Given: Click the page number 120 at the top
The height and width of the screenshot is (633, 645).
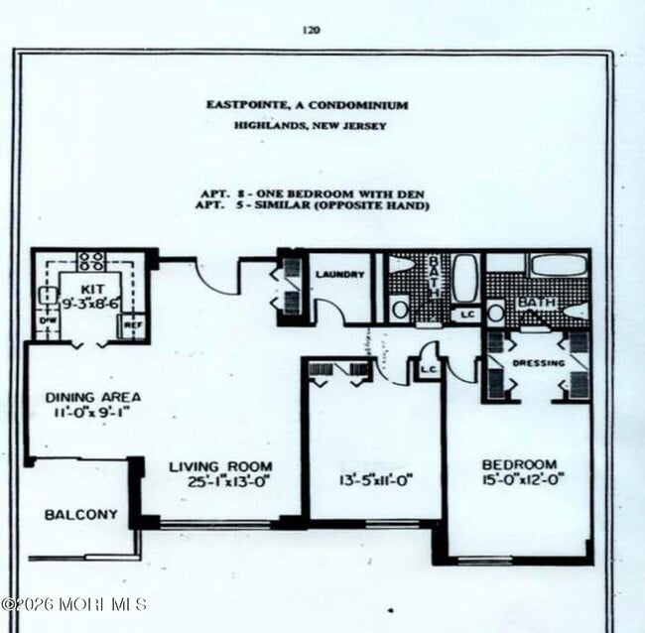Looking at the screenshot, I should [x=312, y=30].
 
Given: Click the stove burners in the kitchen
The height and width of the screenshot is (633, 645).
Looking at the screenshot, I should [x=91, y=261].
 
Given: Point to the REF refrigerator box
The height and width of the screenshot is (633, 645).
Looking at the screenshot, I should [x=133, y=325].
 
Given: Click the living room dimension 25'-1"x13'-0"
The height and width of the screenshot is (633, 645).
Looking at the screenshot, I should [x=220, y=483].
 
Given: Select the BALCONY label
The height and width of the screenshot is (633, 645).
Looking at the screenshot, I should [x=80, y=515].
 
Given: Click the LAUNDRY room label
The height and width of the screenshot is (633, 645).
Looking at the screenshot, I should [x=340, y=274].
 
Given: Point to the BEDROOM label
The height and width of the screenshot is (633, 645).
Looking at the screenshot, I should [x=519, y=464].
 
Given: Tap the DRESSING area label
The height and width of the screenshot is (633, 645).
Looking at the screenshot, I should [x=538, y=363].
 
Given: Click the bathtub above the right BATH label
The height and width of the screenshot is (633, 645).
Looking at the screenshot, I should [x=558, y=265].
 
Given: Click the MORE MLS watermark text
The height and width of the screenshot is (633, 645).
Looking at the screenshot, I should [x=75, y=603].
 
